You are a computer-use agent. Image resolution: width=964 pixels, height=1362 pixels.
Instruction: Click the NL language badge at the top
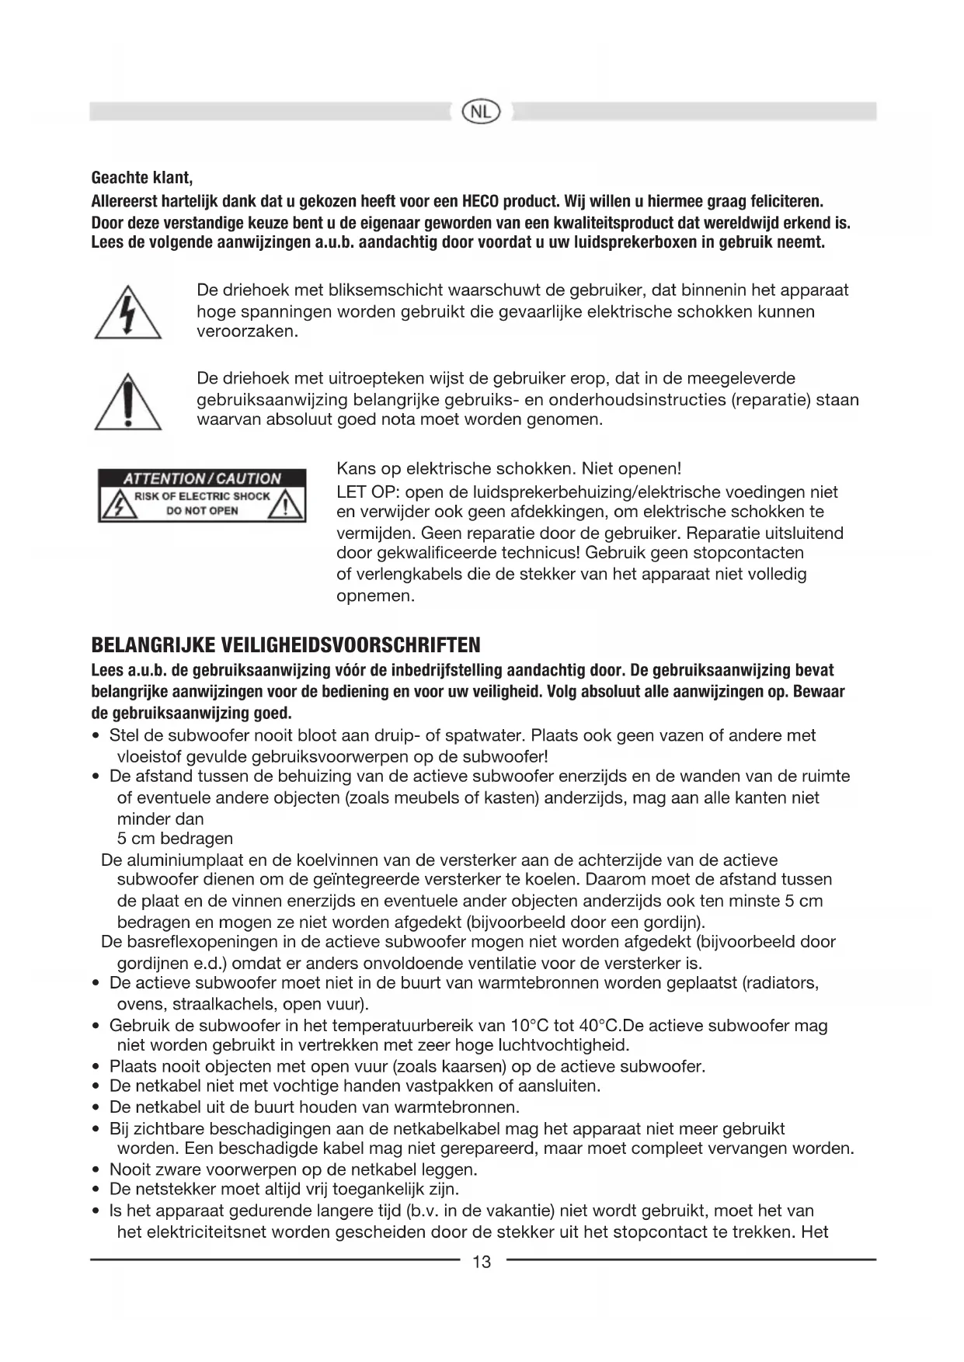tap(481, 112)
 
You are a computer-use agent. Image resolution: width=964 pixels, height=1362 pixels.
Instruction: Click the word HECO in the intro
tap(479, 202)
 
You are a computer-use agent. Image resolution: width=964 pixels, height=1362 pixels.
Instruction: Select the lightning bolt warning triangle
tap(128, 313)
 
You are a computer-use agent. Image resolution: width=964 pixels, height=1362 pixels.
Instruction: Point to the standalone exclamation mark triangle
tap(128, 402)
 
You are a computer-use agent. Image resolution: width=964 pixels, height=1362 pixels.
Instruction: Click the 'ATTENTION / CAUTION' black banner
tap(202, 478)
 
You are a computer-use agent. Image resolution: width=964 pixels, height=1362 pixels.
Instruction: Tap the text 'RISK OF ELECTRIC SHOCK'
tap(202, 496)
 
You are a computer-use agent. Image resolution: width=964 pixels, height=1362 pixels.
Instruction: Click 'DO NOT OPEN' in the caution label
tap(202, 511)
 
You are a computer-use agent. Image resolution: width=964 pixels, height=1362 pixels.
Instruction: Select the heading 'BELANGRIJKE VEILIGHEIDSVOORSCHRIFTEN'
tap(286, 645)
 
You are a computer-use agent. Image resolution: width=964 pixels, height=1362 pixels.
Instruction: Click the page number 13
tap(482, 1262)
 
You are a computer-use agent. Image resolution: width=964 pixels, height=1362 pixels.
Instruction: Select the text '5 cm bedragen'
tap(175, 839)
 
